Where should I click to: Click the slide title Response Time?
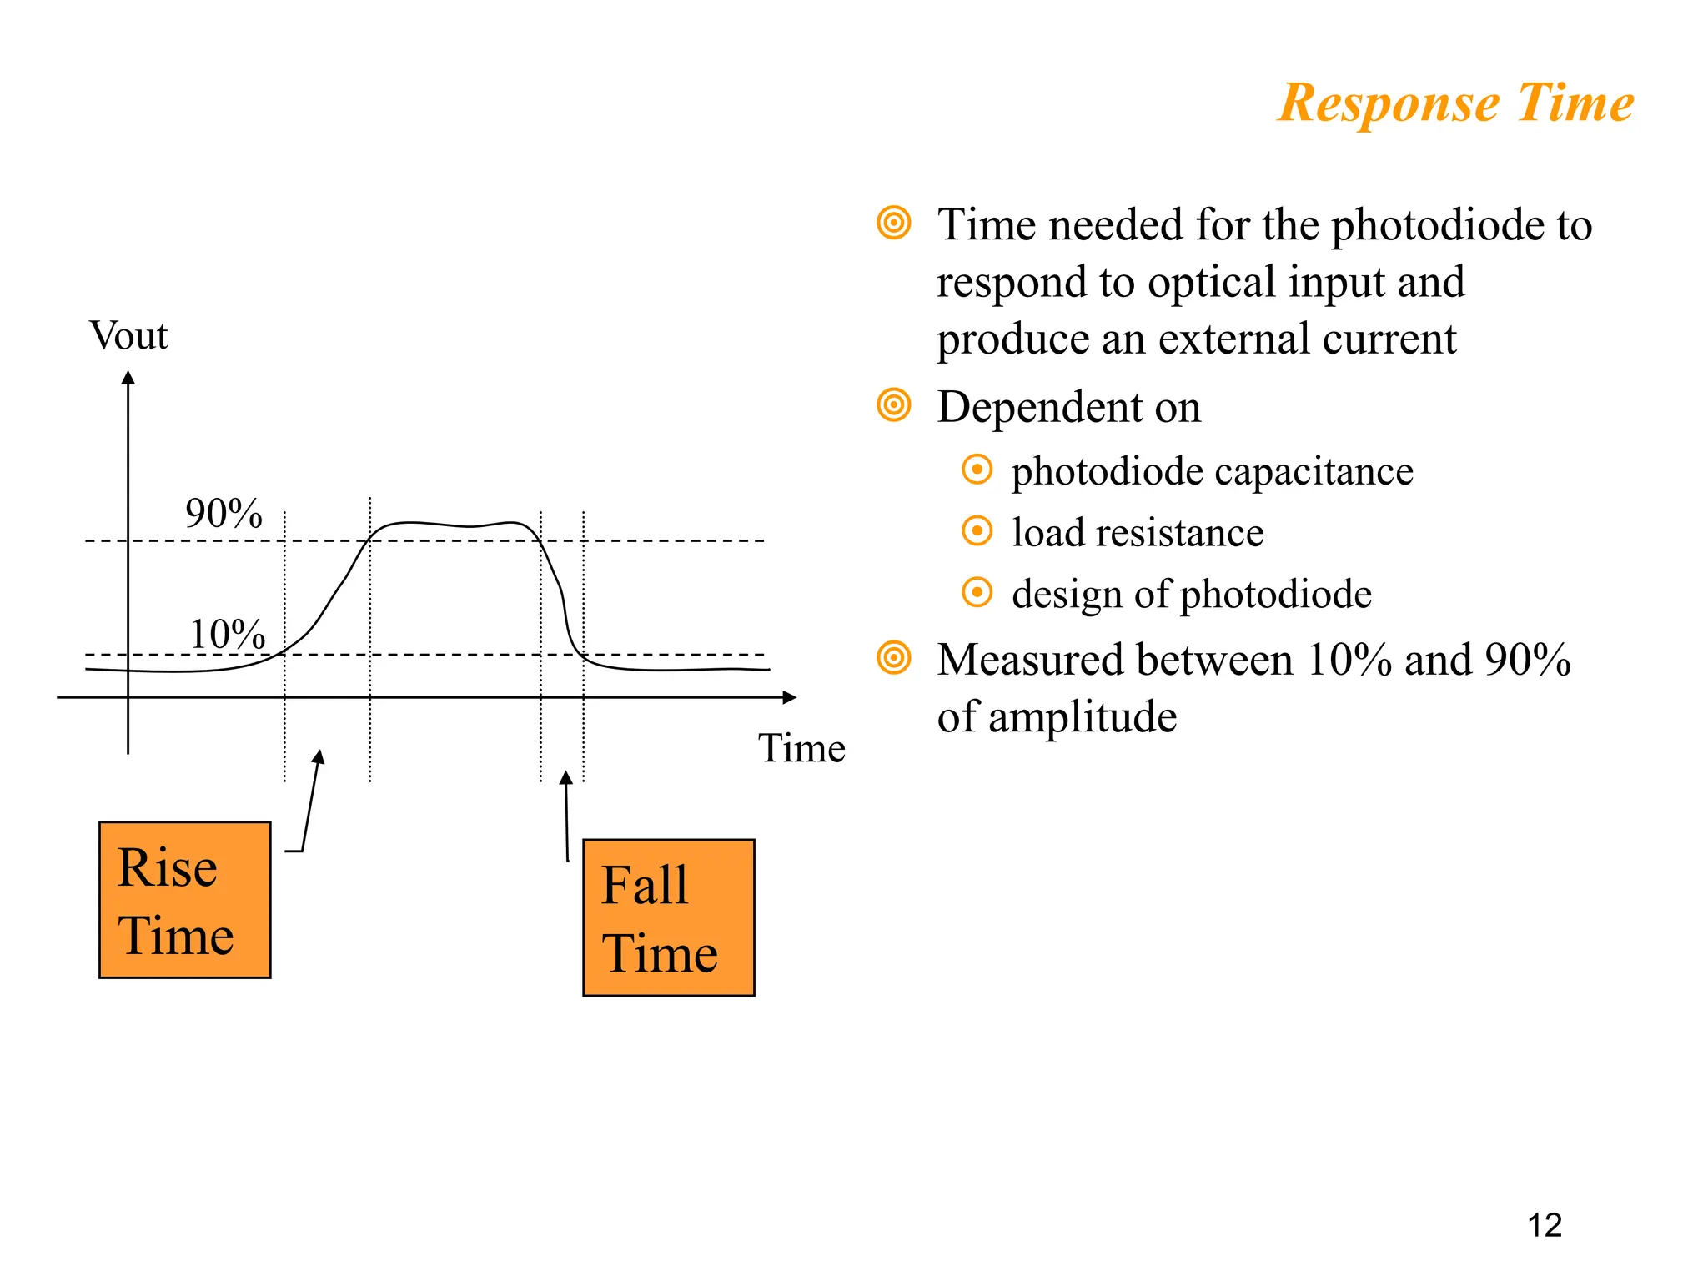click(x=1455, y=103)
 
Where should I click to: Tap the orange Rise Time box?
click(x=184, y=899)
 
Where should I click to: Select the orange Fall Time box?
click(x=668, y=917)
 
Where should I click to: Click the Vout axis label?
click(x=128, y=336)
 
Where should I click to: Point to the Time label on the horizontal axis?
click(x=801, y=748)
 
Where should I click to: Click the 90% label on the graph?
click(x=224, y=513)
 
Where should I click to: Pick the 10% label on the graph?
click(x=227, y=634)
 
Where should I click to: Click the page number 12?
click(x=1544, y=1225)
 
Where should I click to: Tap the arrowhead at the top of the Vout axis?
click(x=128, y=378)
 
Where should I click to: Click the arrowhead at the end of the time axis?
click(x=789, y=696)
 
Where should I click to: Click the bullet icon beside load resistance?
click(x=977, y=531)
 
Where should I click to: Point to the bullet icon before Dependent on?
click(x=894, y=405)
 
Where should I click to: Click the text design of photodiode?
click(x=1191, y=594)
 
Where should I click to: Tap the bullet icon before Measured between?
click(x=894, y=658)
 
